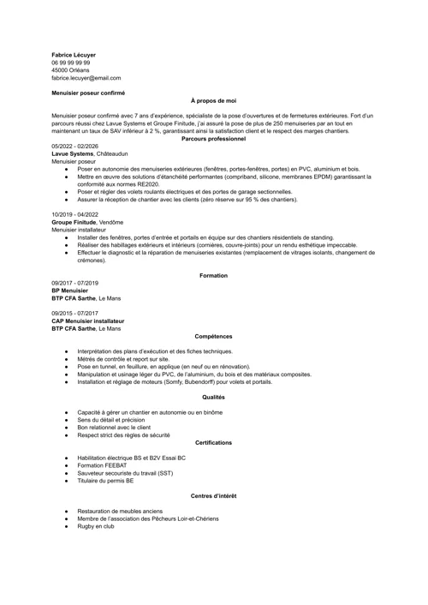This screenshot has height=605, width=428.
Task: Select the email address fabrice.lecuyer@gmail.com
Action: [x=86, y=78]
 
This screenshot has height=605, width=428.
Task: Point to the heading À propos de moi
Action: [x=213, y=100]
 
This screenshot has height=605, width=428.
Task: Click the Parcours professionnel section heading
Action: [x=213, y=138]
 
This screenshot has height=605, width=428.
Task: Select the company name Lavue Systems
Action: [x=73, y=153]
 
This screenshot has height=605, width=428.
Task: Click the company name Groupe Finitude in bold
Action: [x=74, y=222]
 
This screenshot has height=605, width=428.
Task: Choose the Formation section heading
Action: [x=213, y=275]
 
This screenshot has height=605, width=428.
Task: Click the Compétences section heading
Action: [x=213, y=336]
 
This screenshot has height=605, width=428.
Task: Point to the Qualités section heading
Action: [x=213, y=397]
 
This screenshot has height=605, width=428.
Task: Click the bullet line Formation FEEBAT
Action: [x=102, y=465]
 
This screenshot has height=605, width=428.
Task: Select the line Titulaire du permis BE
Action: [x=105, y=481]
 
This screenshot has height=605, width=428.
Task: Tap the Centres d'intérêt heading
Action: [x=213, y=496]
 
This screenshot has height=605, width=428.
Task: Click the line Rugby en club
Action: [x=95, y=526]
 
